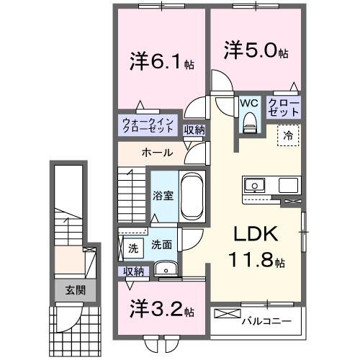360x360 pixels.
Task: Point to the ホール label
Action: [156, 153]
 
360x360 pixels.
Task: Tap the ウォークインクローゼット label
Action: [147, 125]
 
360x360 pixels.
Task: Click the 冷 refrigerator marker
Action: [287, 134]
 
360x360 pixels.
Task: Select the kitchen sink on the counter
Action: [256, 186]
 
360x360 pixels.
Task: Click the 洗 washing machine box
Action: [133, 248]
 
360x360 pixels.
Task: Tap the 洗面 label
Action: [161, 245]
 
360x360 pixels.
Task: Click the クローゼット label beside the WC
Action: [284, 107]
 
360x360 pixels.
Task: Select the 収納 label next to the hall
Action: [194, 130]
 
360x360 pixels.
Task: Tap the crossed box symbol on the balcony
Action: [225, 315]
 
